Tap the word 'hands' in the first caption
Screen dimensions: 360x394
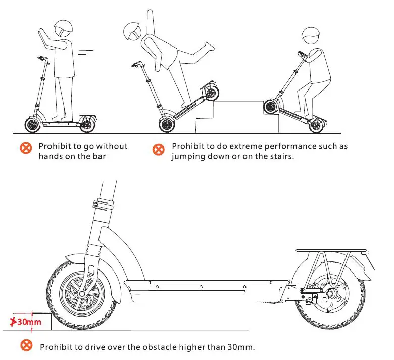tap(50, 156)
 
